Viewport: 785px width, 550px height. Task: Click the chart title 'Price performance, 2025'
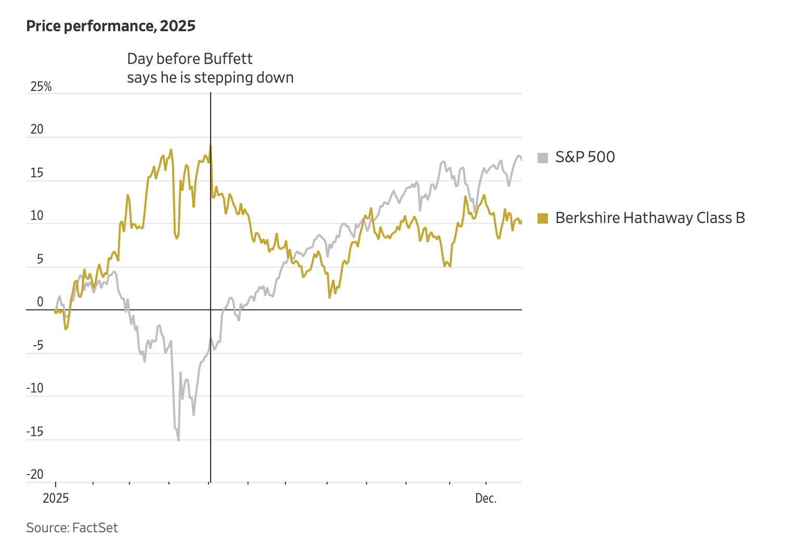(x=111, y=26)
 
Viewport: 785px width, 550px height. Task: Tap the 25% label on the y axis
(x=41, y=87)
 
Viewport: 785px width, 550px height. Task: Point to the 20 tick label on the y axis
(x=37, y=129)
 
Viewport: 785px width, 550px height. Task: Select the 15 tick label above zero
(x=37, y=173)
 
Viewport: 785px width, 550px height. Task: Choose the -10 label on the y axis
(x=35, y=388)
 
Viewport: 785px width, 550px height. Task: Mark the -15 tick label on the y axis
(x=35, y=432)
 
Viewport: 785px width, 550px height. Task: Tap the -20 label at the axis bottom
(x=35, y=474)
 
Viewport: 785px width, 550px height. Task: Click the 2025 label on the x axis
(x=56, y=499)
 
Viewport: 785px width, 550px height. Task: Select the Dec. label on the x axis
(x=486, y=499)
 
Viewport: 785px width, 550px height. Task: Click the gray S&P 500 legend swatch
(x=543, y=158)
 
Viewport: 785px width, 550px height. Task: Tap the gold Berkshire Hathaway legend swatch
(x=543, y=218)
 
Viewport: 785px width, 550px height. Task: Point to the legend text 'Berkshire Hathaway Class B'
(x=650, y=218)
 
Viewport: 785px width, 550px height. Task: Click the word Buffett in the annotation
(x=228, y=59)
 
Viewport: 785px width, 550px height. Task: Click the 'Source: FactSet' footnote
(x=72, y=528)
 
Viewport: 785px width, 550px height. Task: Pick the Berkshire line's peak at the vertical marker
(x=211, y=145)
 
